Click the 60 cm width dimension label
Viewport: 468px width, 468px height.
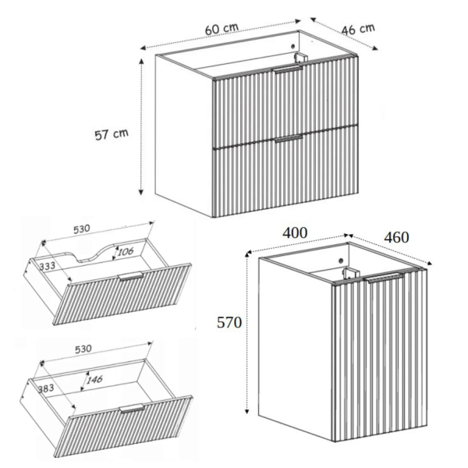pyautogui.click(x=222, y=28)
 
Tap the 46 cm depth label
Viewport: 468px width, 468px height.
pyautogui.click(x=358, y=29)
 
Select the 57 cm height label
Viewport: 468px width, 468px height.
pyautogui.click(x=112, y=134)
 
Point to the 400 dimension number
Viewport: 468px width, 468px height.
pyautogui.click(x=295, y=232)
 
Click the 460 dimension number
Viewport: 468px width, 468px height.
pyautogui.click(x=396, y=238)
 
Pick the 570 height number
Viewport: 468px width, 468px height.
pyautogui.click(x=229, y=323)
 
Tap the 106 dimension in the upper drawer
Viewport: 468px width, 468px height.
pyautogui.click(x=126, y=252)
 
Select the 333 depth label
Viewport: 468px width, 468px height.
pyautogui.click(x=47, y=266)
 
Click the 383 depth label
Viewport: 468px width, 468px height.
pyautogui.click(x=46, y=388)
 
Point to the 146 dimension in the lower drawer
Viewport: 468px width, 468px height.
pyautogui.click(x=94, y=380)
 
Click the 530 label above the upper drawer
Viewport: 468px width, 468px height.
pyautogui.click(x=81, y=229)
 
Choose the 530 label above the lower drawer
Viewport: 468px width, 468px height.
pyautogui.click(x=83, y=349)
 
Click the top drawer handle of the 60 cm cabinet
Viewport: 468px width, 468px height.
pyautogui.click(x=289, y=69)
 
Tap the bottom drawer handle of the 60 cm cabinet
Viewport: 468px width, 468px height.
pyautogui.click(x=289, y=139)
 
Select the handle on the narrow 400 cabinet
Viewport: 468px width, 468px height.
pyautogui.click(x=385, y=277)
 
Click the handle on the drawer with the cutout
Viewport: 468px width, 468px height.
pyautogui.click(x=131, y=276)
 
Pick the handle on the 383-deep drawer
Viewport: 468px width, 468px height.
pyautogui.click(x=132, y=408)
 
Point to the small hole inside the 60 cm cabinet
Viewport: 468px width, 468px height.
pyautogui.click(x=292, y=46)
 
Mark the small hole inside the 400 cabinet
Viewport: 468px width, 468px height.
pyautogui.click(x=341, y=261)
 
